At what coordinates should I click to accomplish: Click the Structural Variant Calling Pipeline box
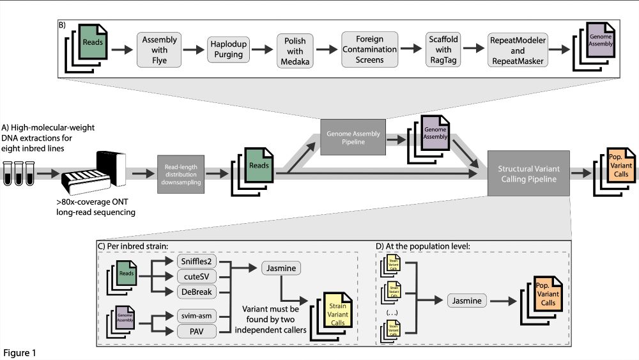click(527, 173)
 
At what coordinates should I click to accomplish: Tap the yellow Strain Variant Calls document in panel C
click(336, 313)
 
